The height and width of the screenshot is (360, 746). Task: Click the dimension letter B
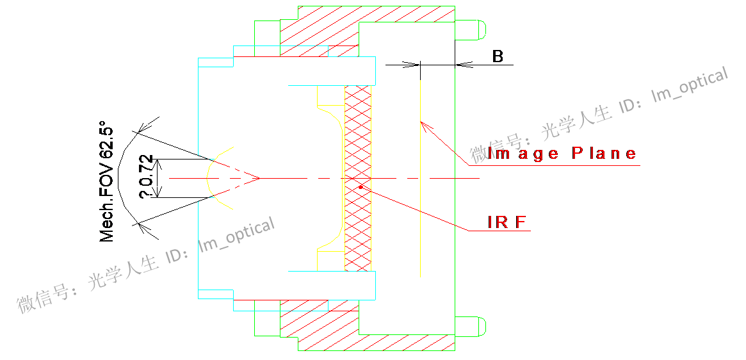point(498,56)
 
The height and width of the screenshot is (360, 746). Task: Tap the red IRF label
point(507,222)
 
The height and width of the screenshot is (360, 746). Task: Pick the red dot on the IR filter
point(361,187)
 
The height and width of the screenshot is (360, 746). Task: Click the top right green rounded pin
point(471,29)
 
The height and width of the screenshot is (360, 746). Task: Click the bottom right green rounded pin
point(471,325)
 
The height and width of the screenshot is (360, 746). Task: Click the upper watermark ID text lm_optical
point(689,85)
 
